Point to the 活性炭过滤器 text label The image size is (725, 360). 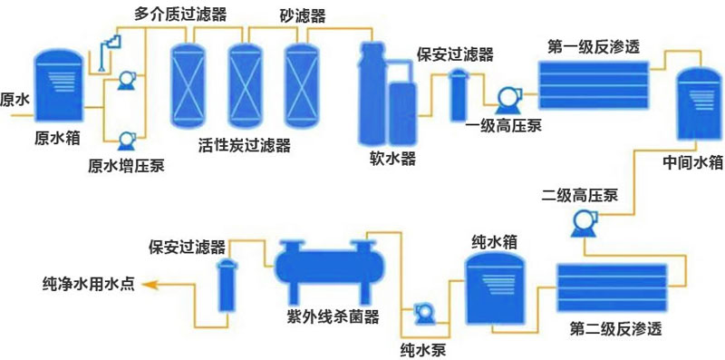(x=244, y=145)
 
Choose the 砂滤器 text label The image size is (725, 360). (x=302, y=15)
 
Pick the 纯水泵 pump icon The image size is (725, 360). (x=424, y=314)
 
